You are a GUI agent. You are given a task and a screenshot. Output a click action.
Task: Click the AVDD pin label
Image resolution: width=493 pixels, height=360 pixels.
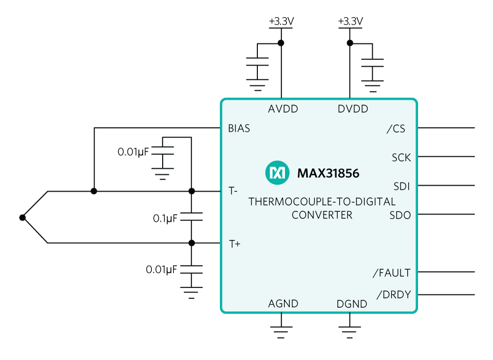pos(283,109)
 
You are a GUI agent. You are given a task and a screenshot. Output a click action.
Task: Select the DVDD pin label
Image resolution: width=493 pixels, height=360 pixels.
pos(353,109)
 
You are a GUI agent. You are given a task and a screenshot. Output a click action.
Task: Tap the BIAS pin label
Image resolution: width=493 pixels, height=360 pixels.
pos(239,128)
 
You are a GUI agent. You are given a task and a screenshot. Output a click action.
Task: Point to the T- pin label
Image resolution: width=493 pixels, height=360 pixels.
pos(233,191)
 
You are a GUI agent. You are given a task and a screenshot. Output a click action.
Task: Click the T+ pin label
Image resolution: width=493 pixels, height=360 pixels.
pos(235,244)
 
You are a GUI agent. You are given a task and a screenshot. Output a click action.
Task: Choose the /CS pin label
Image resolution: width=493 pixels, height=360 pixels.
pos(396,129)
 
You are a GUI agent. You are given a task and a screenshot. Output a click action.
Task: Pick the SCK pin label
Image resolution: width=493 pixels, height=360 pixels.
pos(401,157)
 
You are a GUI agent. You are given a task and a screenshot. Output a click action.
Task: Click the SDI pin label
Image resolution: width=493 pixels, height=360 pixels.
pos(402,186)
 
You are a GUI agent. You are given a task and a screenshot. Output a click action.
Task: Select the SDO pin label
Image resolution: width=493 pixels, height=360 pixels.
pos(400,216)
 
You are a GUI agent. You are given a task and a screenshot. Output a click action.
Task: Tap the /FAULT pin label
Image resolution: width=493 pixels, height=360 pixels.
pos(391,273)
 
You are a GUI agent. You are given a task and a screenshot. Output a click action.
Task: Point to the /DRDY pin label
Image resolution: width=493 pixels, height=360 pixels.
pos(393,294)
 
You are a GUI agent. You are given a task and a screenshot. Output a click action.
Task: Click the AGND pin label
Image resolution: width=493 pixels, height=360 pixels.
pos(283,304)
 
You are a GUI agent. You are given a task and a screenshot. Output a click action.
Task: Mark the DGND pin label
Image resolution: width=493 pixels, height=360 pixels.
pos(352,304)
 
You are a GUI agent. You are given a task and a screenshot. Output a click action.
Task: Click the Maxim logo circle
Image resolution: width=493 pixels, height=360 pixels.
pos(277,173)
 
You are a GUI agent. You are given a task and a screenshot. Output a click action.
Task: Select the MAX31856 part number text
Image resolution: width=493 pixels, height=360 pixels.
pos(328,173)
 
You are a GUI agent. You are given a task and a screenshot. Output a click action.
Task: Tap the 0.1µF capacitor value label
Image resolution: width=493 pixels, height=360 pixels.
pos(165,218)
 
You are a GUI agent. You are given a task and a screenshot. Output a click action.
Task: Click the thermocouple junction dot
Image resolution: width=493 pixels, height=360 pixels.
pos(22,217)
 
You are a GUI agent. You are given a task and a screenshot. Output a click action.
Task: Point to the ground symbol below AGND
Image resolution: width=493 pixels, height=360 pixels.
pos(281,332)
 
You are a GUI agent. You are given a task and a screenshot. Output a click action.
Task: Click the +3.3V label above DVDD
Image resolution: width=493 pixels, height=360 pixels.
pos(350,21)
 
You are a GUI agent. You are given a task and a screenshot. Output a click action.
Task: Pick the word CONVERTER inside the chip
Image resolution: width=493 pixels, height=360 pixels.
pos(322,215)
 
